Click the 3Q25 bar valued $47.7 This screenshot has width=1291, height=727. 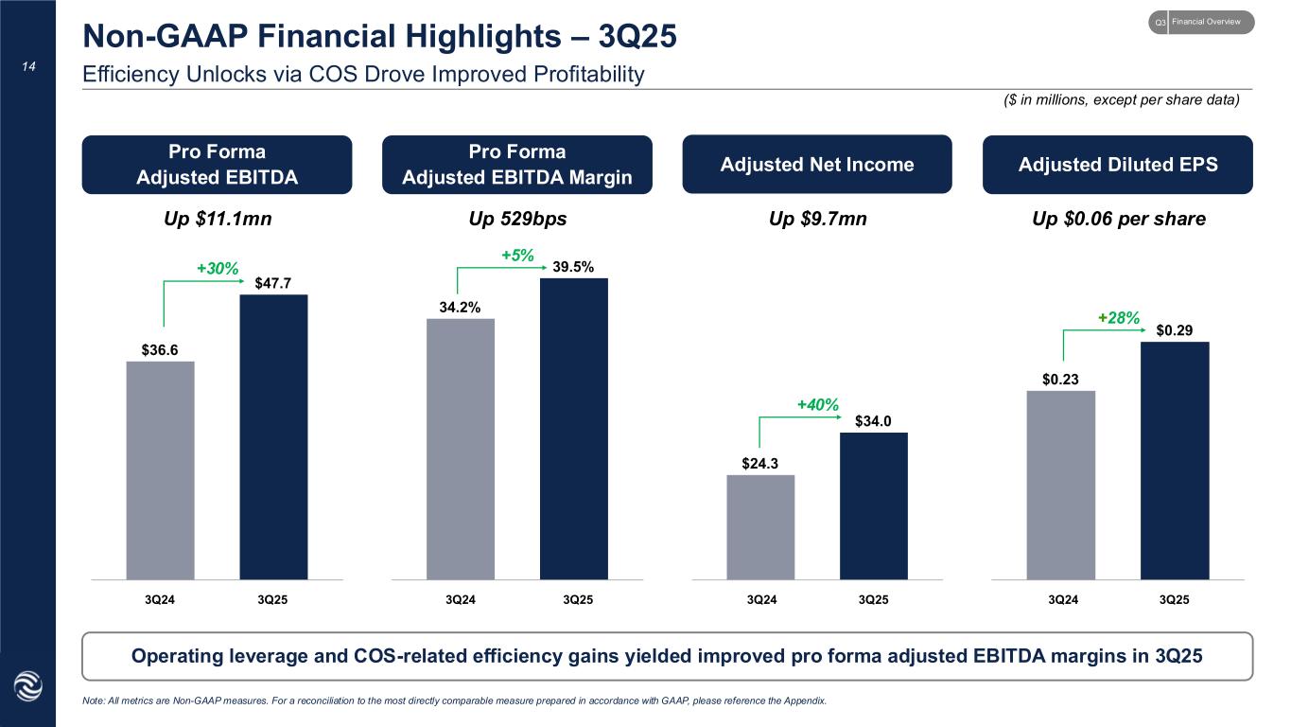tap(273, 436)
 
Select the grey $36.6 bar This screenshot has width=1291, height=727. tap(160, 470)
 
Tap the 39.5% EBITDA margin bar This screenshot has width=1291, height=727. tap(573, 428)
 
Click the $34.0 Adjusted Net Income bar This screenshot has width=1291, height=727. tap(873, 505)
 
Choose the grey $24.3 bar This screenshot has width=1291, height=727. tap(760, 526)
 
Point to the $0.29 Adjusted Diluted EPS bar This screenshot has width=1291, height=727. tap(1175, 460)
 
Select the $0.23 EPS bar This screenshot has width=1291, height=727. tap(1061, 485)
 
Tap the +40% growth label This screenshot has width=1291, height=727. tap(817, 405)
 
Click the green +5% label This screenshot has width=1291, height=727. tap(516, 256)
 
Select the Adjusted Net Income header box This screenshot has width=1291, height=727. tap(817, 165)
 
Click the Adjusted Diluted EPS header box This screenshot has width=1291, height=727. tap(1117, 165)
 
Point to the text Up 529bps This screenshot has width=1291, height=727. tap(517, 219)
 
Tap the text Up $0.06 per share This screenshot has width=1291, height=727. tap(1117, 219)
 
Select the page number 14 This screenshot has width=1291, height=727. tap(27, 67)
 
